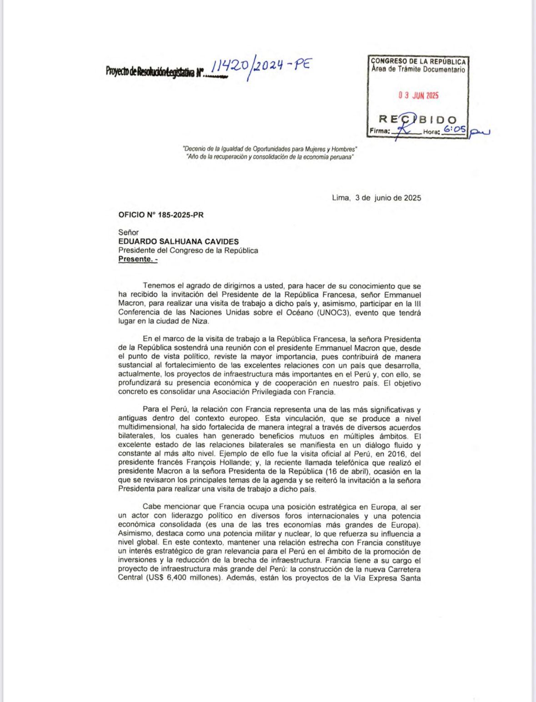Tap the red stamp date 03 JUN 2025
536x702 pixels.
click(x=418, y=95)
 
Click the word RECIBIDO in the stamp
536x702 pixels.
click(x=418, y=120)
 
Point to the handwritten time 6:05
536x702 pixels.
click(x=455, y=130)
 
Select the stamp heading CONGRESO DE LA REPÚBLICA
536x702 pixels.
click(x=418, y=61)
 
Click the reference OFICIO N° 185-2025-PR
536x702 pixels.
click(x=160, y=215)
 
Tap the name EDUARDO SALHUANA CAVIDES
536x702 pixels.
click(x=178, y=241)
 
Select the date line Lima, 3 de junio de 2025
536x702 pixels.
click(x=376, y=198)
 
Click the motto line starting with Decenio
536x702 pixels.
click(x=270, y=149)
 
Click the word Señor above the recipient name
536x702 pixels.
click(x=128, y=232)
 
